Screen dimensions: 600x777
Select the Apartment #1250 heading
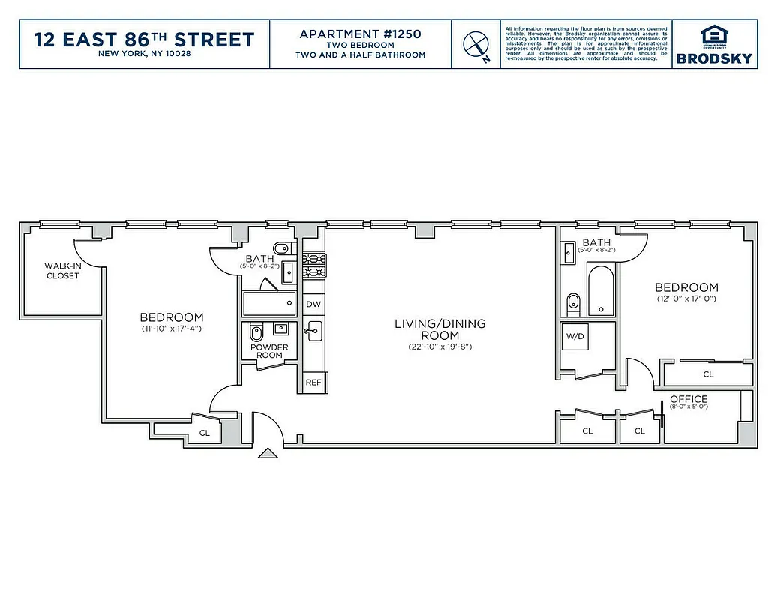(360, 34)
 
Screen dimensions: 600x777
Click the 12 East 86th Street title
(145, 39)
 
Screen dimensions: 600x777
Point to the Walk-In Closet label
(62, 271)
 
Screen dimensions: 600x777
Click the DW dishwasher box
(313, 304)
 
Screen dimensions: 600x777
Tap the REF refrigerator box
(313, 382)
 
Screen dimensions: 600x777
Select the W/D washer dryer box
(575, 336)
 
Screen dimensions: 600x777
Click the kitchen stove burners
(313, 266)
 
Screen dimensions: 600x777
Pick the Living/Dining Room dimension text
(439, 347)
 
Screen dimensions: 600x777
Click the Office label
(688, 399)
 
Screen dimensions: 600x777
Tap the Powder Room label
(269, 351)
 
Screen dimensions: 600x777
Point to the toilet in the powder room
(256, 332)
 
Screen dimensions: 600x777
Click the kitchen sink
(313, 331)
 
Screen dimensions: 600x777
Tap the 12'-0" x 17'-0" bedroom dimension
(686, 298)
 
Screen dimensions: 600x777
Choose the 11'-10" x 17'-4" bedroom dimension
(172, 328)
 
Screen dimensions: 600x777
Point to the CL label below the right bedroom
(707, 373)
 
